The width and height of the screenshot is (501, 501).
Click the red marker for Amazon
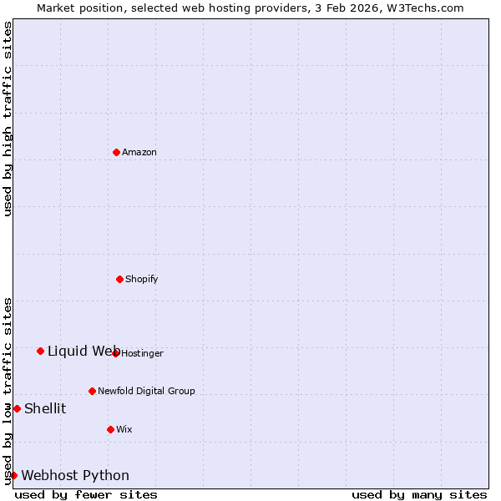117,152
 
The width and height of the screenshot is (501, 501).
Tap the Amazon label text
139,152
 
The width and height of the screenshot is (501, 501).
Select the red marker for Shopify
120,279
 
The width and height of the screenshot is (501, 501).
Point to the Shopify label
142,279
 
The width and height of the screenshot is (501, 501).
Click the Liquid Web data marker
40,351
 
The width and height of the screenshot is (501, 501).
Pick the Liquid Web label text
83,351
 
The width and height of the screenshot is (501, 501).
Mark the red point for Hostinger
116,353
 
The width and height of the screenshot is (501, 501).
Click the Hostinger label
143,353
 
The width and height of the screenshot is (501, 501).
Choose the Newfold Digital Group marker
92,391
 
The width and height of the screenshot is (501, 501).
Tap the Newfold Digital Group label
146,391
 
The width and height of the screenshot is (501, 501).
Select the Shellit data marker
17,408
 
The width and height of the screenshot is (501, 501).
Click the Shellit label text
45,408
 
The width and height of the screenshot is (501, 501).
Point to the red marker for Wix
110,429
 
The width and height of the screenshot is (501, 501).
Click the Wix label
124,429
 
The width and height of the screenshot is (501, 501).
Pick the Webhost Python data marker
13,475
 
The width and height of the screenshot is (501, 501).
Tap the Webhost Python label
75,475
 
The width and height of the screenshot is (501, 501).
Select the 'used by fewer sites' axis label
86,494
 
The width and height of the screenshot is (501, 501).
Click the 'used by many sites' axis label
419,494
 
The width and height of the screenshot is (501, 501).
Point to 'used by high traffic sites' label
8,119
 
